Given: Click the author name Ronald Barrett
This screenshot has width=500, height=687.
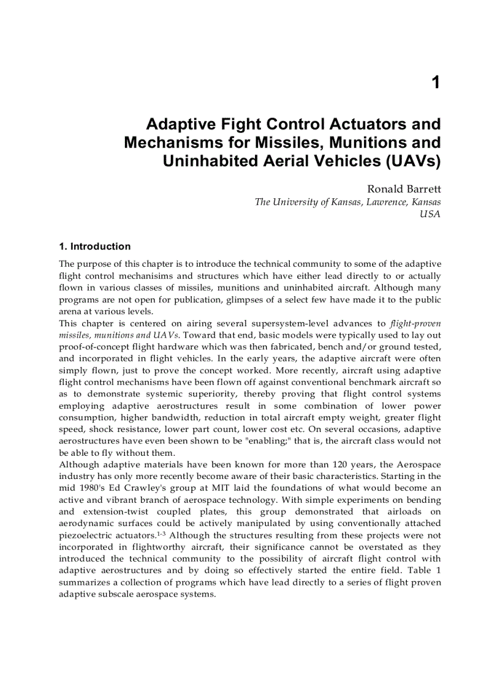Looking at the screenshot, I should (x=403, y=190).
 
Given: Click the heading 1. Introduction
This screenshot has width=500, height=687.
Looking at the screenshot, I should (x=94, y=247).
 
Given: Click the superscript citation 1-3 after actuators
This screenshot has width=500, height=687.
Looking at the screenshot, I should (x=162, y=533).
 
